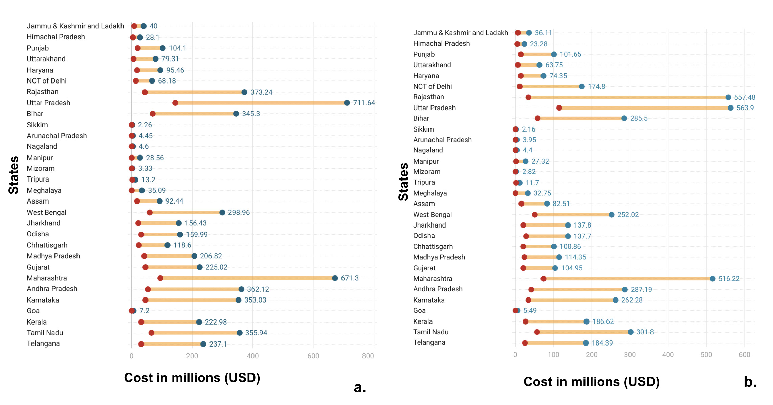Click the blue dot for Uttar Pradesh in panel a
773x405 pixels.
(x=347, y=103)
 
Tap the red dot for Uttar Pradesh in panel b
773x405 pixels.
(x=559, y=108)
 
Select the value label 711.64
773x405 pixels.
(x=364, y=103)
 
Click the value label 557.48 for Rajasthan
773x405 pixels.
(x=745, y=97)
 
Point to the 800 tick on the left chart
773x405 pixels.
(x=368, y=356)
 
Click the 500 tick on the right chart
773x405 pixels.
(x=706, y=355)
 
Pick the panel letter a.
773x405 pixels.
(x=360, y=387)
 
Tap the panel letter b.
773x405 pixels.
(x=750, y=382)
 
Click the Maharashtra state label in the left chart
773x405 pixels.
(x=47, y=278)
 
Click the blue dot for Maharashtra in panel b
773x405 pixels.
(x=712, y=279)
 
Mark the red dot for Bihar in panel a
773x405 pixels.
(x=153, y=114)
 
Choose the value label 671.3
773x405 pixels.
(x=350, y=278)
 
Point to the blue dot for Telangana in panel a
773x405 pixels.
(x=203, y=344)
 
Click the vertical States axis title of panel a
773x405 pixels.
(x=14, y=175)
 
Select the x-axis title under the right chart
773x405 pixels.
(x=591, y=382)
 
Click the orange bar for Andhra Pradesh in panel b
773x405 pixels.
(x=578, y=289)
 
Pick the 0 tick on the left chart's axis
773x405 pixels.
(x=131, y=356)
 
